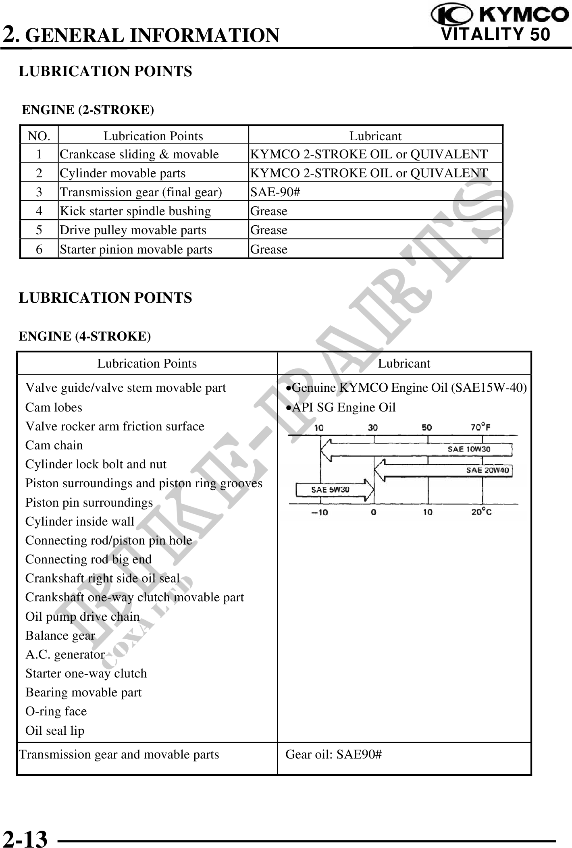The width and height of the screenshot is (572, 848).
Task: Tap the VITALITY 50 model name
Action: [495, 35]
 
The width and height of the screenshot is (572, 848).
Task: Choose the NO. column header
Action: [39, 136]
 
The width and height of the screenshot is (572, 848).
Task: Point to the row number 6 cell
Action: [39, 249]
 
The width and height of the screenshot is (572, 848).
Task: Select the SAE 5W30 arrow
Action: [335, 490]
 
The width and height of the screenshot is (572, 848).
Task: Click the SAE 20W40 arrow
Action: [443, 470]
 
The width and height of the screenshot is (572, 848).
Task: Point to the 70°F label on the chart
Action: [480, 428]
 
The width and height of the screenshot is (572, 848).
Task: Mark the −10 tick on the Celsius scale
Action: [320, 512]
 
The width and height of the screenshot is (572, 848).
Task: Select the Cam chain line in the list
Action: [54, 445]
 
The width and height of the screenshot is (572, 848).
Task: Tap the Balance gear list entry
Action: [60, 636]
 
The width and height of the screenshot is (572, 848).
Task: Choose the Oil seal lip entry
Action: [55, 731]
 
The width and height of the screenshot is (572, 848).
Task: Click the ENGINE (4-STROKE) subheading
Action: [85, 336]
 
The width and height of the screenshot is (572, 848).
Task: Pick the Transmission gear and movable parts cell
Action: [119, 754]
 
